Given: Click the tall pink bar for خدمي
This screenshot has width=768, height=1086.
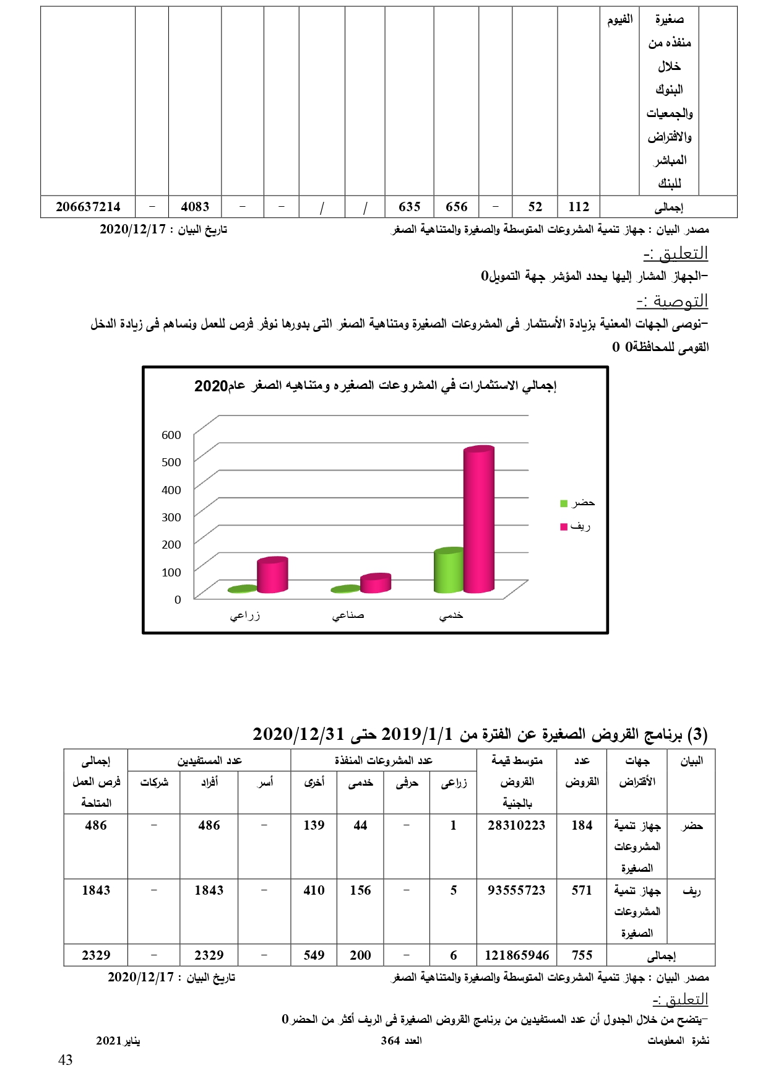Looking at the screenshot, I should coord(478,520).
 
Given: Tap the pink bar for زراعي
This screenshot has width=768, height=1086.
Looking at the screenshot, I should coord(272,576).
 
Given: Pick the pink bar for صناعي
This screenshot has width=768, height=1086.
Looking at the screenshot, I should coord(375,583).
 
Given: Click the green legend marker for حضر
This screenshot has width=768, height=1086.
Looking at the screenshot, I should coord(564,503).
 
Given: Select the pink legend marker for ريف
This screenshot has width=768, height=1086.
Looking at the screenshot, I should coord(564,527).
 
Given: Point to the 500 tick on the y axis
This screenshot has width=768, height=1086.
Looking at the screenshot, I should coord(171,463).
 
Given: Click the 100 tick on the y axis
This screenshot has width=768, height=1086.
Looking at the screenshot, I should coord(171,573).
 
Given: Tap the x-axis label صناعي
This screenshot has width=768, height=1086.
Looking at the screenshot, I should coord(348,615).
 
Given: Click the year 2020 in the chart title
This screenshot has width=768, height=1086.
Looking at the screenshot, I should coord(211,386).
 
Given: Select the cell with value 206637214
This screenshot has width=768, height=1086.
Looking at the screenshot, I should coord(88,207).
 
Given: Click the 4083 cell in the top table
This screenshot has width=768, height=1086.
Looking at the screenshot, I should coord(195,207).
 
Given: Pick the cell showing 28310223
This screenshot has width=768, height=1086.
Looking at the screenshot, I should coord(516,825).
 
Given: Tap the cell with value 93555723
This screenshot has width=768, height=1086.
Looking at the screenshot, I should coord(516,890).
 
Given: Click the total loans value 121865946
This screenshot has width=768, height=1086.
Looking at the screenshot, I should coord(516,955).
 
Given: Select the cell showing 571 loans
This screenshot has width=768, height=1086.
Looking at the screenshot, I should coord(582,890).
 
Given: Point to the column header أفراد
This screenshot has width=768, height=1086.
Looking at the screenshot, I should coord(209,782).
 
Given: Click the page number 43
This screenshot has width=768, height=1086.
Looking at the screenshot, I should coord(66,1061).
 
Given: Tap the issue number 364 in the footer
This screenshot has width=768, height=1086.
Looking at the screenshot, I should coord(390,1041).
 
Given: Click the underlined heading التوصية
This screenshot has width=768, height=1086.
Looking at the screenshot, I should coord(672,302).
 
